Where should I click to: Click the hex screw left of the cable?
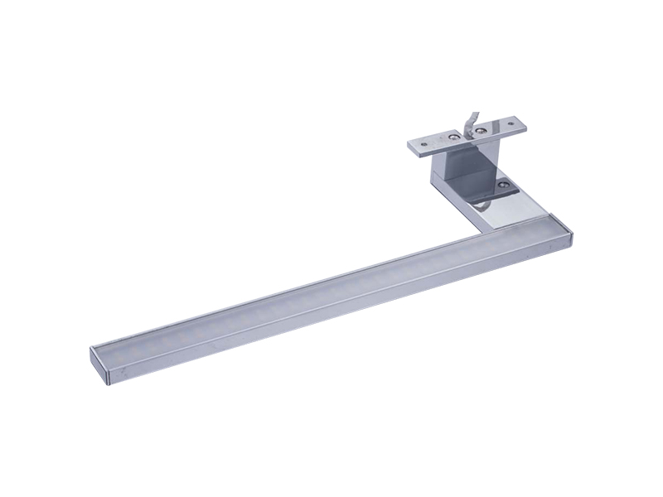pos(454,137)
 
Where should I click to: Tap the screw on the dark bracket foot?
pos(504,185)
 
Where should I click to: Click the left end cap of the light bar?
pos(99,364)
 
